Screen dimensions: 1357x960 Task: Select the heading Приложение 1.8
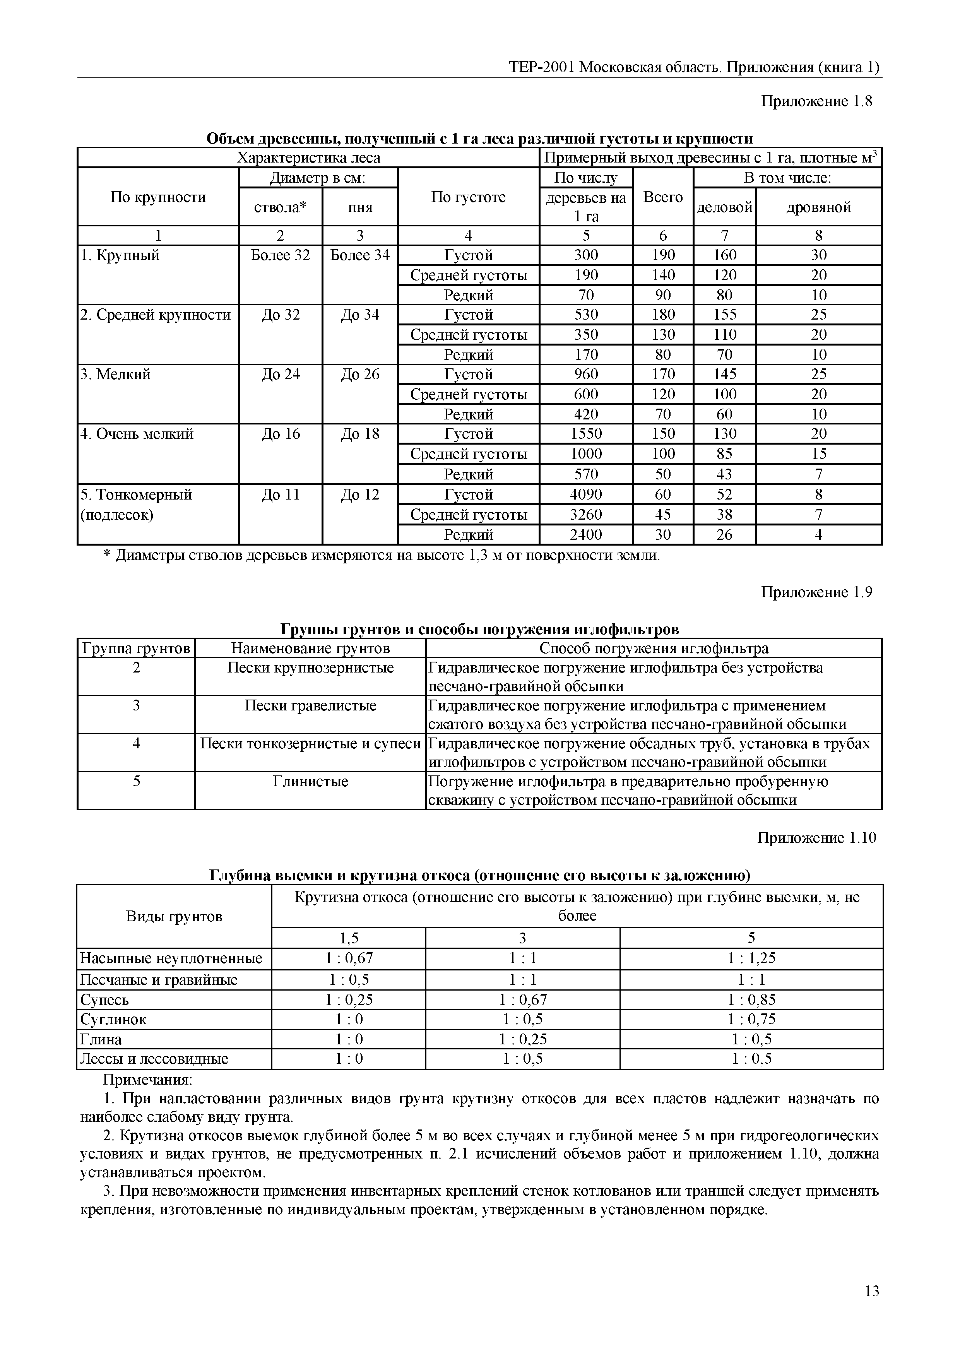click(816, 101)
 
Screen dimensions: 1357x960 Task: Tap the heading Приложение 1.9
click(816, 592)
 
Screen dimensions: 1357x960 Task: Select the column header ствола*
click(280, 207)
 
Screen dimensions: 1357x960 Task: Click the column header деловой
click(724, 207)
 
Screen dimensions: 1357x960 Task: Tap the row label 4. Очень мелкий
click(137, 434)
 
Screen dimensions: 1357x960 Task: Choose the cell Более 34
click(359, 255)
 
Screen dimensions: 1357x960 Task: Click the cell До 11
click(280, 494)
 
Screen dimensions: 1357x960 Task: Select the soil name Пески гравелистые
click(310, 706)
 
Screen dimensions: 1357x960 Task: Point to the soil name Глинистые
click(310, 781)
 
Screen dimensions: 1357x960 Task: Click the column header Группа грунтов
click(136, 649)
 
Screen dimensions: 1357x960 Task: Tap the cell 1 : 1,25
click(751, 958)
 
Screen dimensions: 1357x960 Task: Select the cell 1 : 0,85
click(751, 999)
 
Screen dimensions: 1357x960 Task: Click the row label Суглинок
click(113, 1019)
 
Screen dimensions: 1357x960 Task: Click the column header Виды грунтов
click(174, 916)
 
